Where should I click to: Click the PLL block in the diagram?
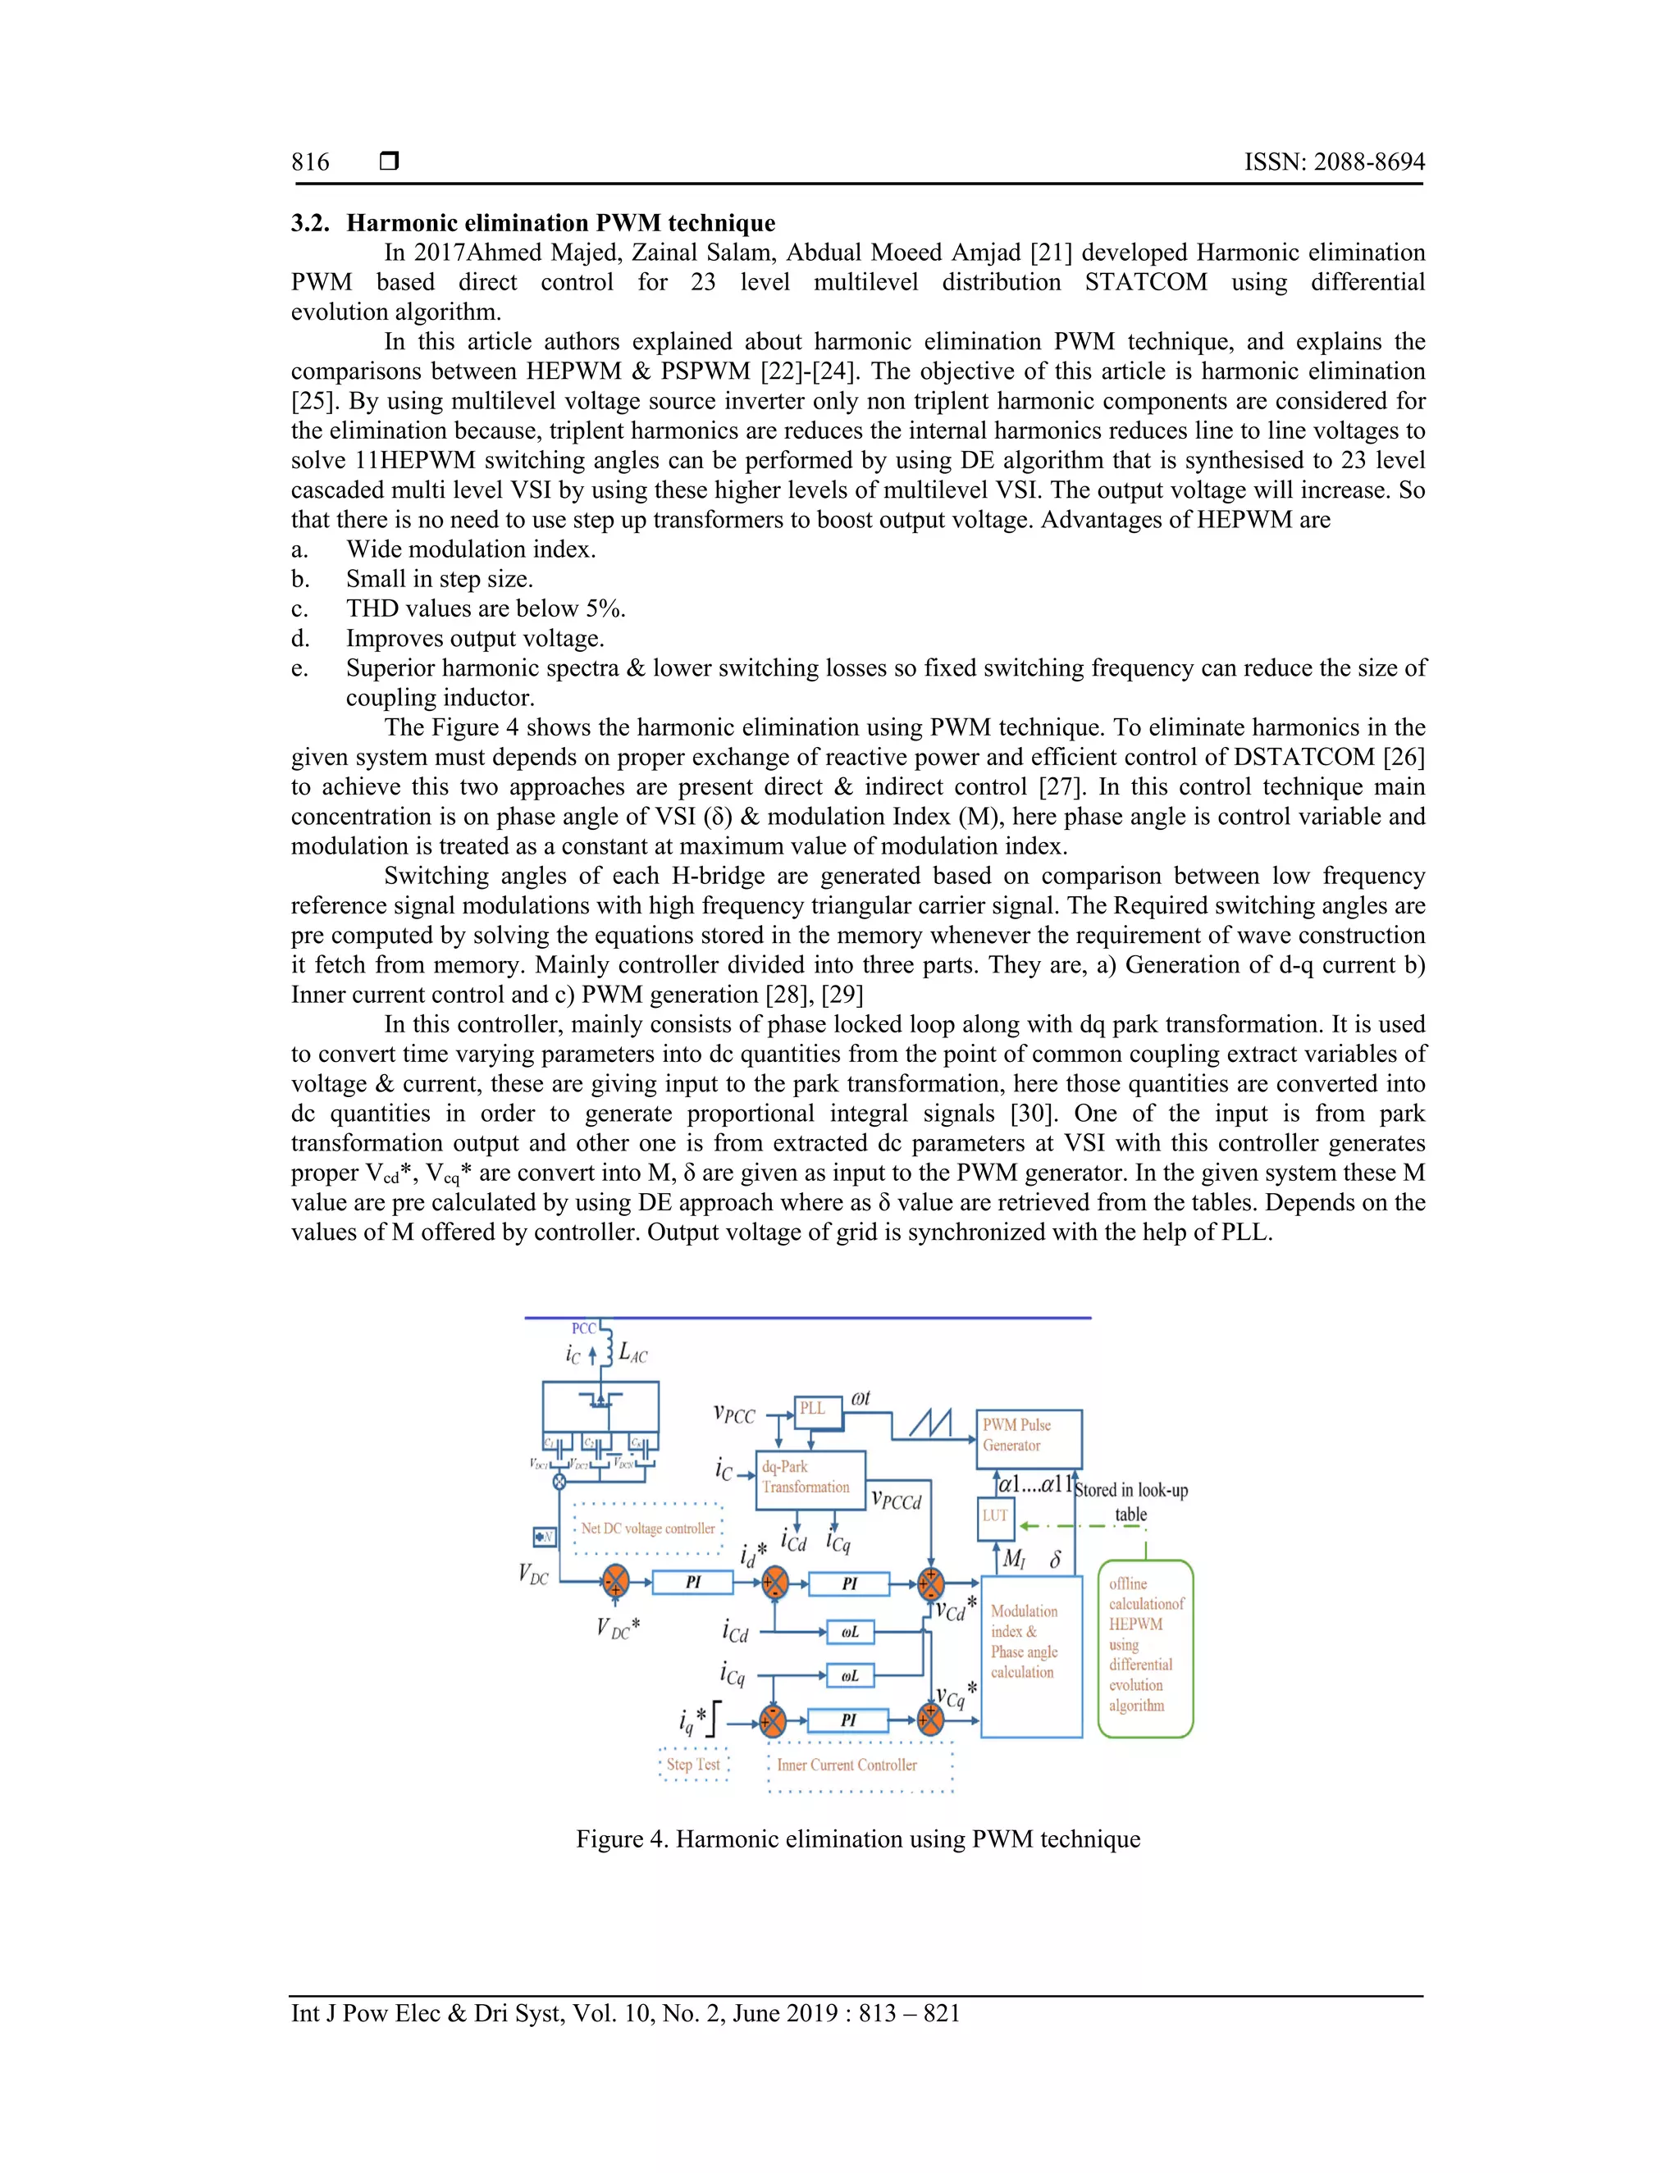pos(812,1409)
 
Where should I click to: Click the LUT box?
pos(996,1517)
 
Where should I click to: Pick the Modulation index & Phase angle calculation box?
pos(1031,1656)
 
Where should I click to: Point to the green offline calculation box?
pos(1145,1649)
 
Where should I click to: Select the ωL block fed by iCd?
pos(850,1632)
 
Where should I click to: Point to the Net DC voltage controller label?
pos(648,1528)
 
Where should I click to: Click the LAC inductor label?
pos(633,1352)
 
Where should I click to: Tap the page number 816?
pos(311,162)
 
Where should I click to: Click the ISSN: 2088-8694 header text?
pos(1334,162)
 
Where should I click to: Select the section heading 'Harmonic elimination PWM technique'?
pos(560,223)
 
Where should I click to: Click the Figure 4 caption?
pos(858,1838)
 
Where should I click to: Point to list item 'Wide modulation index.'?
pos(471,549)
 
